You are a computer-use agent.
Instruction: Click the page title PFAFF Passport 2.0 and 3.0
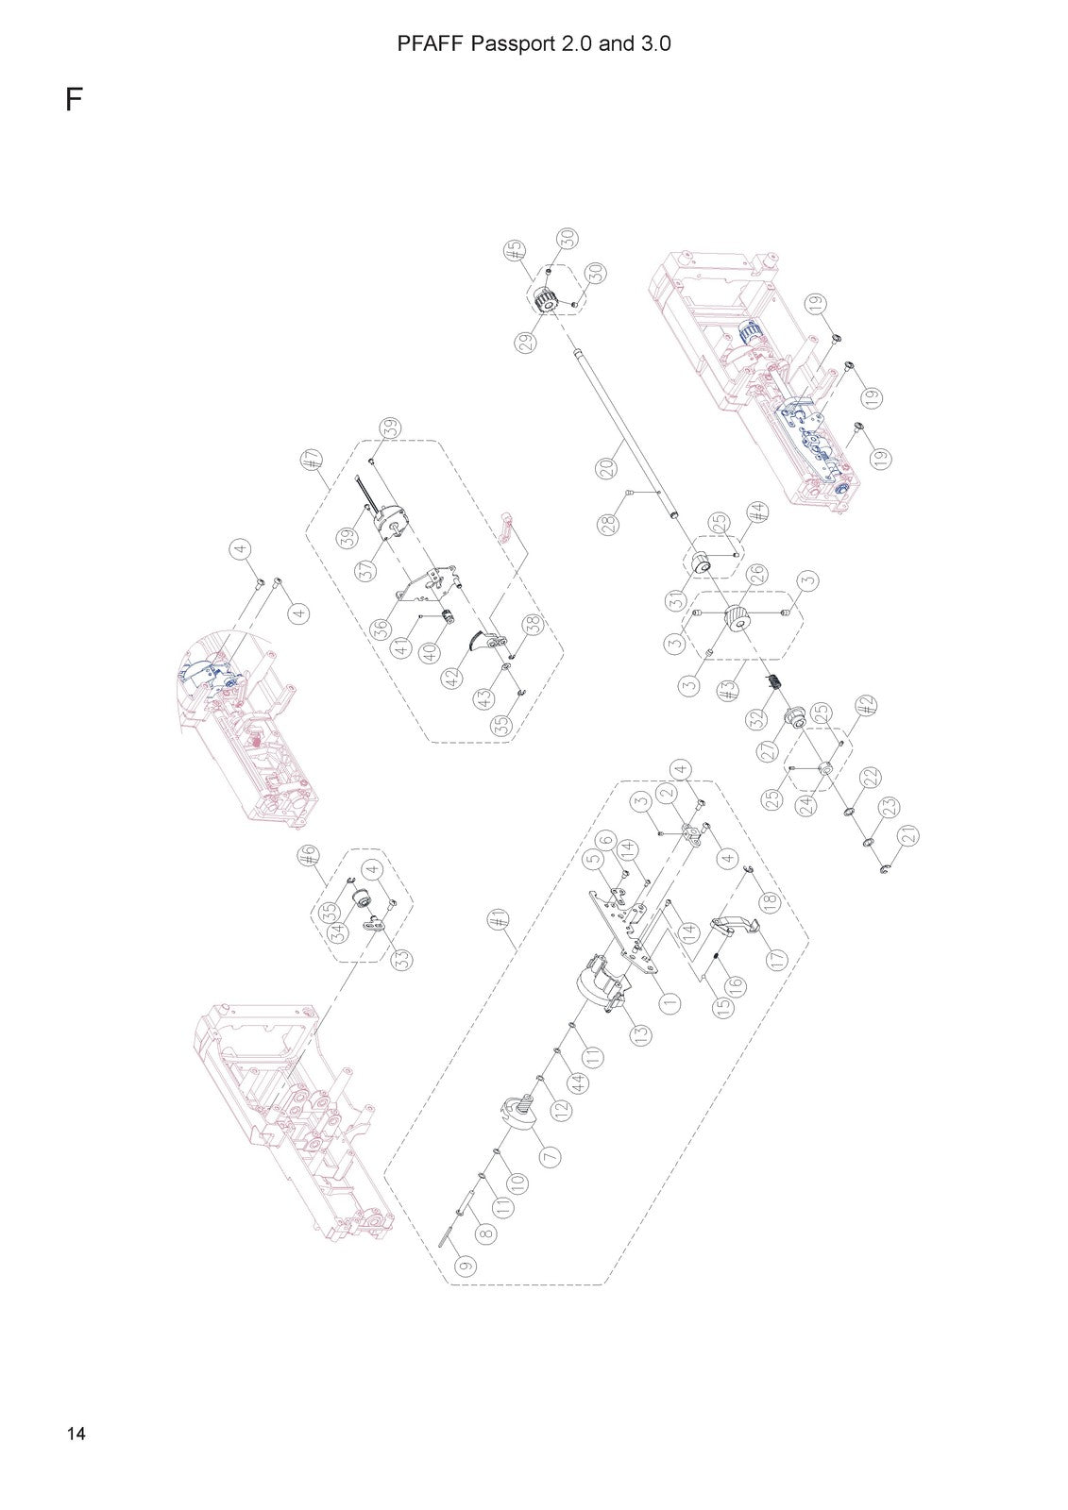tap(534, 43)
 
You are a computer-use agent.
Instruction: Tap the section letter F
tap(74, 100)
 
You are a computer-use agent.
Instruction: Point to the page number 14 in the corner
tap(76, 1434)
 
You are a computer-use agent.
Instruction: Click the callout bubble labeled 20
tap(607, 468)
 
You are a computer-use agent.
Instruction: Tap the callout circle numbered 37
tap(366, 570)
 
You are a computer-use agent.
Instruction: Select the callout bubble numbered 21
tap(909, 836)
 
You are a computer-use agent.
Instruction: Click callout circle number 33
tap(403, 959)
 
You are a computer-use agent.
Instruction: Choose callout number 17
tap(776, 958)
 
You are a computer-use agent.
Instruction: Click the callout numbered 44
tap(578, 1084)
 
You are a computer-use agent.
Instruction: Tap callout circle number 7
tap(550, 1156)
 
